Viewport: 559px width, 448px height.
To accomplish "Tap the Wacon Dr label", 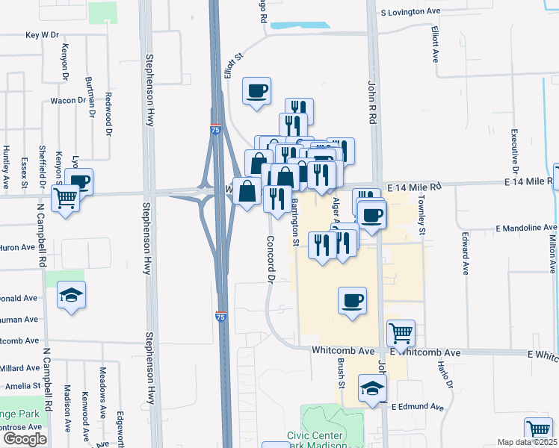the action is pos(67,101).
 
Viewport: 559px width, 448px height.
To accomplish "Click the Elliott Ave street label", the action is pos(435,44).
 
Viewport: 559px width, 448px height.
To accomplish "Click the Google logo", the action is pos(24,439).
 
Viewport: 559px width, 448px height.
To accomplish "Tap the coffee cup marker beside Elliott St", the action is pos(257,92).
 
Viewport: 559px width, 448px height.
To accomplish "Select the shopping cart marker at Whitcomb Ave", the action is pos(401,334).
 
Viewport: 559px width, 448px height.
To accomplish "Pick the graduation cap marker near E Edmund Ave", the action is pos(372,388).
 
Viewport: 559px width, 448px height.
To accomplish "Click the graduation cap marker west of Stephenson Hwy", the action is pos(71,295).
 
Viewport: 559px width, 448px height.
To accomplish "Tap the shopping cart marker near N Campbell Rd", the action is pos(67,199).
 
